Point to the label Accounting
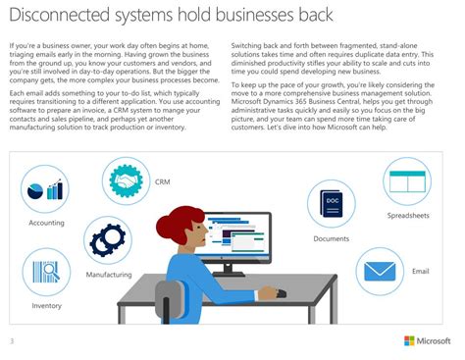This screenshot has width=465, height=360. tap(46, 224)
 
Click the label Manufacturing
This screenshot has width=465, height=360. tap(108, 276)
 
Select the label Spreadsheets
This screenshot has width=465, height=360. tap(406, 215)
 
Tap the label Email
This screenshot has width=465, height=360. tap(420, 271)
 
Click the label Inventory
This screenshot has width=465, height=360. tap(46, 306)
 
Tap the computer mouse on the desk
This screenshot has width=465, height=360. tap(282, 292)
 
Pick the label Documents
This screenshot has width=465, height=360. tap(332, 239)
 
